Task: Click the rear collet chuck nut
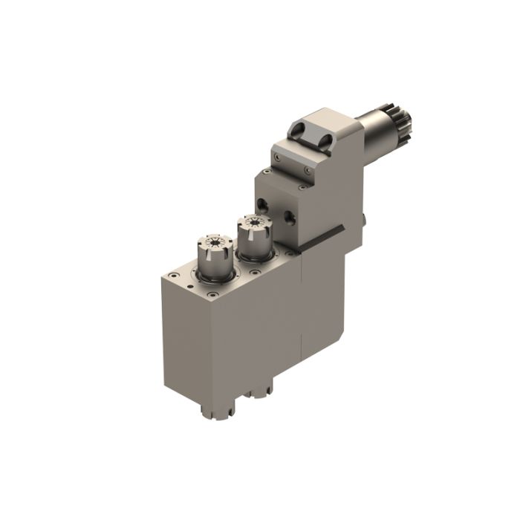pyautogui.click(x=253, y=236)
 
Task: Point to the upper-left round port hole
pyautogui.click(x=261, y=202)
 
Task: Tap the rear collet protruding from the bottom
pyautogui.click(x=259, y=388)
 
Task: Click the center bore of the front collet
pyautogui.click(x=213, y=242)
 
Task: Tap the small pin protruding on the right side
pyautogui.click(x=365, y=218)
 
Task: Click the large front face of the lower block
pyautogui.click(x=186, y=342)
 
